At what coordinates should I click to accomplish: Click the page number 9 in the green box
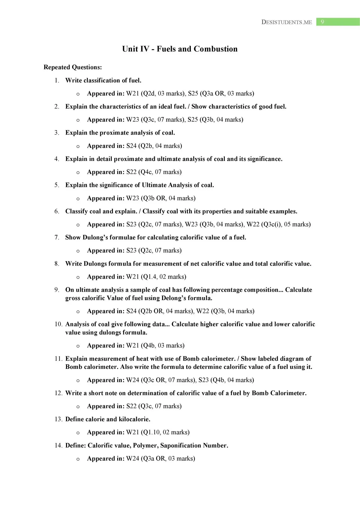point(322,22)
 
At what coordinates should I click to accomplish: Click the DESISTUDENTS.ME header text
point(287,22)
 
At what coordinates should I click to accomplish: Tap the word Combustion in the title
point(216,49)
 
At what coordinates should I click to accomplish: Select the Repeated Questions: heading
point(73,67)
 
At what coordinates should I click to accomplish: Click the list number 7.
point(57,238)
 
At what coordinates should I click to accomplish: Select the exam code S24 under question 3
point(131,146)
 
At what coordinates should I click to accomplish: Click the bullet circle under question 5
point(78,199)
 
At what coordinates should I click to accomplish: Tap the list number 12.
point(58,393)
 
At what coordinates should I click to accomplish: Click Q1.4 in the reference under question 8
point(149,277)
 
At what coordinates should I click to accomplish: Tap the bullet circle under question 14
point(78,459)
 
